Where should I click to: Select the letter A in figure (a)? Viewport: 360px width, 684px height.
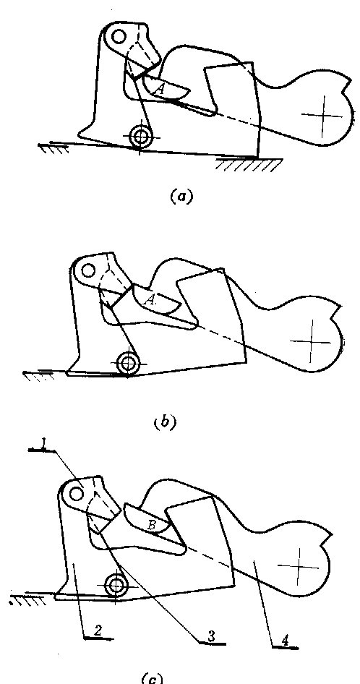[160, 90]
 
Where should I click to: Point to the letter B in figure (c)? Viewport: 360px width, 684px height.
[151, 525]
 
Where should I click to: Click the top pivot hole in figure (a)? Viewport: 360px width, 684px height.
[119, 37]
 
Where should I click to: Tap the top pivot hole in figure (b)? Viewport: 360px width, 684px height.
[89, 270]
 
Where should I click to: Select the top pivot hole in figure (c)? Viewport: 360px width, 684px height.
[77, 493]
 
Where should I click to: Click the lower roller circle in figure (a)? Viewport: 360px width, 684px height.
[140, 137]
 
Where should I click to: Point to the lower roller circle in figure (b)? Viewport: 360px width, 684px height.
[128, 362]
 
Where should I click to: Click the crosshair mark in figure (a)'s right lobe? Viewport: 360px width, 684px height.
[323, 116]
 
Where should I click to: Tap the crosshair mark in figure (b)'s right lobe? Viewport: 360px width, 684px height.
[311, 341]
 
